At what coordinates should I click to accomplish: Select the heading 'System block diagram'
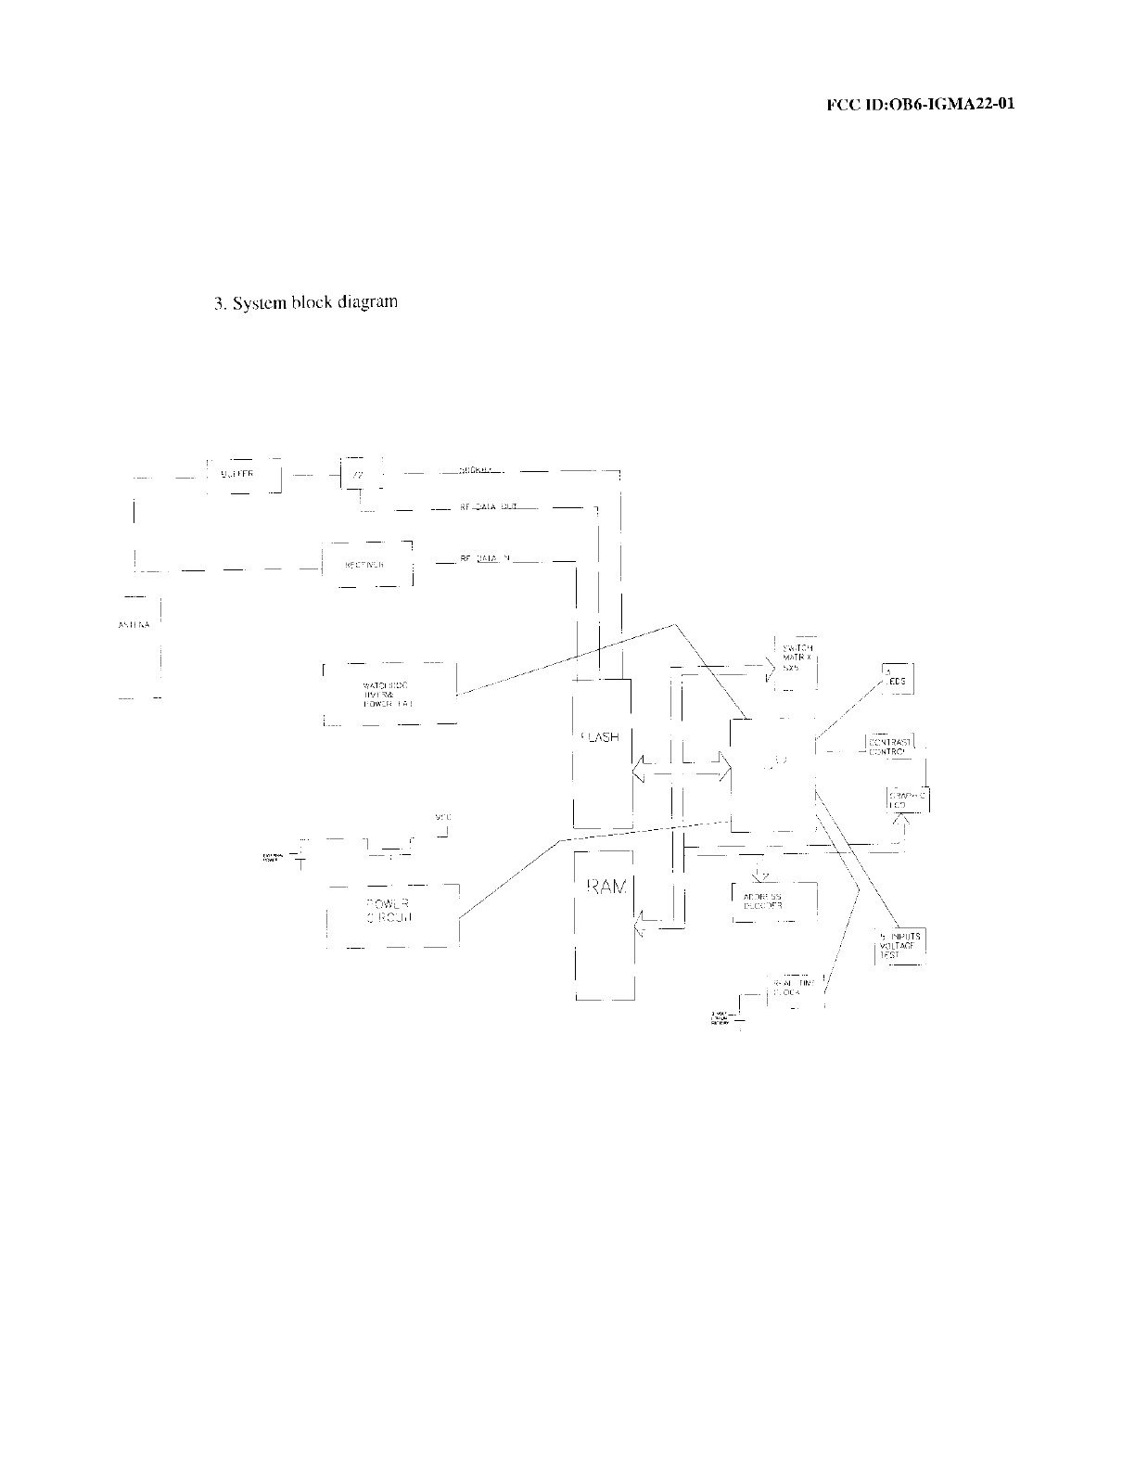point(306,302)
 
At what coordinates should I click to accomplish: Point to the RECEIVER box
point(365,563)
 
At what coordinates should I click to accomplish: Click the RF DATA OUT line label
point(488,508)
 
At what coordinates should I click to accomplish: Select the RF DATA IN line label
point(486,559)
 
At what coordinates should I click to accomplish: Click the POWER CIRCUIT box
point(393,913)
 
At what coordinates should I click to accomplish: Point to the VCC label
point(442,817)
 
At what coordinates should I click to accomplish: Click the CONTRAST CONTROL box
point(890,746)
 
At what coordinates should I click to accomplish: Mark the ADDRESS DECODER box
point(773,901)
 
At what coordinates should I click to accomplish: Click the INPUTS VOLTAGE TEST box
point(898,947)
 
